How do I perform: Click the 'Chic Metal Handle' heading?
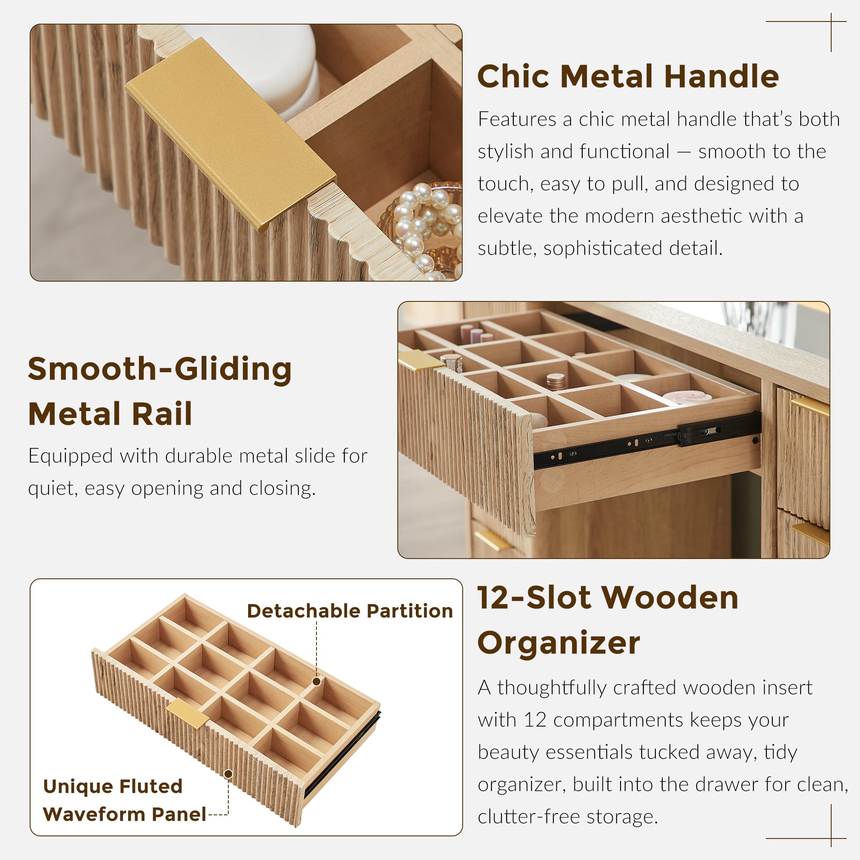tap(628, 77)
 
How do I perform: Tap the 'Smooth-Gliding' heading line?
tap(160, 369)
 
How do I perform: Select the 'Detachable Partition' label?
tap(350, 611)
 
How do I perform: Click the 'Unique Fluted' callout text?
tap(113, 786)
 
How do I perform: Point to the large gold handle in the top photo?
tap(230, 134)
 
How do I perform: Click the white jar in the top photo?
tap(263, 67)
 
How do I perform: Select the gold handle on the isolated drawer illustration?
tap(187, 713)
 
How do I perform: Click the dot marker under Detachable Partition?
tap(316, 682)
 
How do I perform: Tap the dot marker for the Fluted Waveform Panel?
tap(228, 774)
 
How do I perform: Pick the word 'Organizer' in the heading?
tap(559, 643)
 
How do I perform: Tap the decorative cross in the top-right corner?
tap(831, 21)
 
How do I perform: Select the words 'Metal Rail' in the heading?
tap(110, 414)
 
